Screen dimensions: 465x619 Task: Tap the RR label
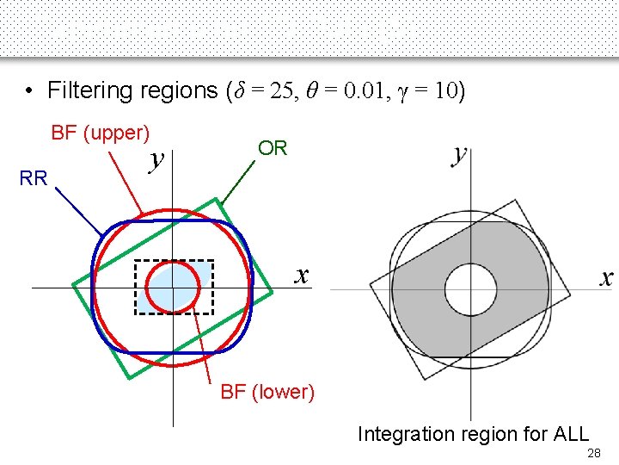point(34,178)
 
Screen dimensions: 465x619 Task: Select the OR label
point(273,148)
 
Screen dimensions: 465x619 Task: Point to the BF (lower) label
point(267,392)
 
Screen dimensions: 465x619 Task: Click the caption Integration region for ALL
point(473,433)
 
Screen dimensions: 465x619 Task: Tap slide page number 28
point(592,454)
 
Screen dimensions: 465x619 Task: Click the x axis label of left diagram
point(301,275)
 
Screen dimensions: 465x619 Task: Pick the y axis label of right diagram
point(460,155)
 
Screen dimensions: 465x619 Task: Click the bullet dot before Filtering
point(29,90)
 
